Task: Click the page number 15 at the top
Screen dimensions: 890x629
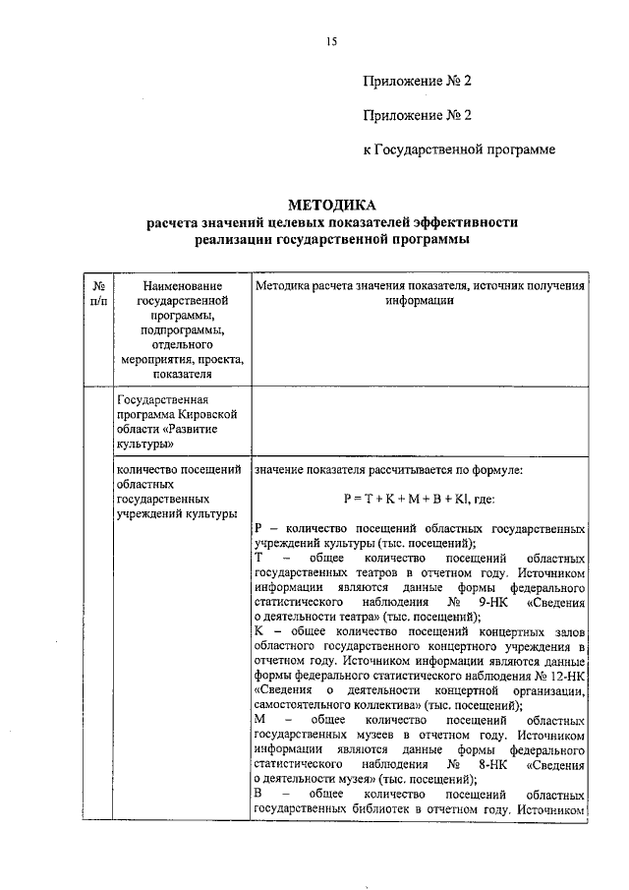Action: [331, 40]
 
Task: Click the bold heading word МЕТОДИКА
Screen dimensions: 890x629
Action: [331, 206]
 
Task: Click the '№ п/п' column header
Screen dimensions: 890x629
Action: [98, 292]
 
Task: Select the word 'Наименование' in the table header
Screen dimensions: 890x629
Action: [183, 285]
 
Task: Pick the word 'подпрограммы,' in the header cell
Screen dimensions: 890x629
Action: [183, 329]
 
